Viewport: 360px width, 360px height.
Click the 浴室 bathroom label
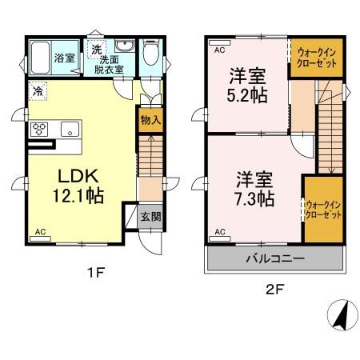point(64,57)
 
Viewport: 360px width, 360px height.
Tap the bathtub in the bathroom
point(42,57)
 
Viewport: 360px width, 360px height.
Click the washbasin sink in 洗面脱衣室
point(123,46)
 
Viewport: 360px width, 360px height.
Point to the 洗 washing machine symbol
point(96,49)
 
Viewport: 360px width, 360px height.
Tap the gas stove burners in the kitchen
point(41,129)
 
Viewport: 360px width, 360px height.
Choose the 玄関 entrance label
point(150,216)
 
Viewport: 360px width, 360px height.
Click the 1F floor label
point(96,272)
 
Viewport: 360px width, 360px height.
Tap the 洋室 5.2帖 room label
point(247,84)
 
